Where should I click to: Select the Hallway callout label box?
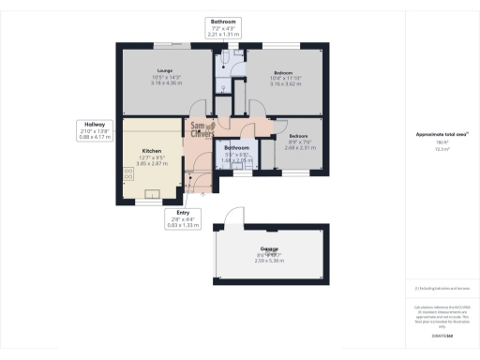pos(95,128)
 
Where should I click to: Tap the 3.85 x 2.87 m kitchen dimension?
pos(153,163)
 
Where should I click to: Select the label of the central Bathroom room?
pos(236,148)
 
